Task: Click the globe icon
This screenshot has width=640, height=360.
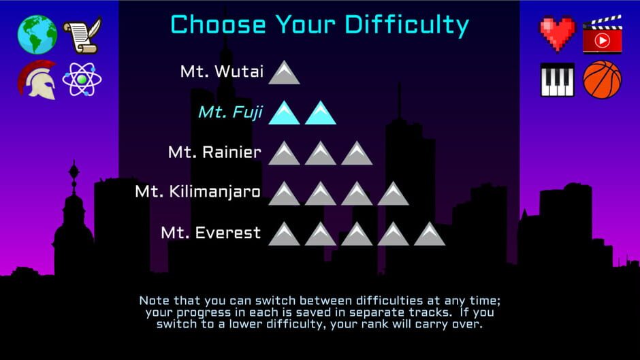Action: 37,35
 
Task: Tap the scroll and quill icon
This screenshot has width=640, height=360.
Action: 82,35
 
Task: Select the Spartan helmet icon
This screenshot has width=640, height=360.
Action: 37,80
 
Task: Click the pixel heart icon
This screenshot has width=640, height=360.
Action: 558,35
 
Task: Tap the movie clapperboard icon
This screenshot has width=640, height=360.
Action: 603,35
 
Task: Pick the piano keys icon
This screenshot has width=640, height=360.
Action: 558,80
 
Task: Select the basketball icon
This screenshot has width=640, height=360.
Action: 603,80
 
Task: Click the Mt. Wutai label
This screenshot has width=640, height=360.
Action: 221,71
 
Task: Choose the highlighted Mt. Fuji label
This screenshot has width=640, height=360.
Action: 230,112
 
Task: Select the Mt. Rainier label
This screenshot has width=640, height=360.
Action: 214,152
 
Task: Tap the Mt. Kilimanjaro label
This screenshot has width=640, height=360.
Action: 197,192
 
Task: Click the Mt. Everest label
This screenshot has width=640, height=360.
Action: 210,233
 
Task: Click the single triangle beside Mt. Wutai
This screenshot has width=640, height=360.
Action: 284,73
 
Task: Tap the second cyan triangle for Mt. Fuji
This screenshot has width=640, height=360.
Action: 321,113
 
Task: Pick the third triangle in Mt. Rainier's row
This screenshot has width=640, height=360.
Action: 357,153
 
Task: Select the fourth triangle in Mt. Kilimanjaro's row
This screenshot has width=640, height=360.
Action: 393,193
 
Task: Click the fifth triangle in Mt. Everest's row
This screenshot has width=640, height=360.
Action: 430,233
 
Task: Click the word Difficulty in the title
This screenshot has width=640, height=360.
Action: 406,25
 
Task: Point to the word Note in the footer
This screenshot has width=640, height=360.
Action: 154,300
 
